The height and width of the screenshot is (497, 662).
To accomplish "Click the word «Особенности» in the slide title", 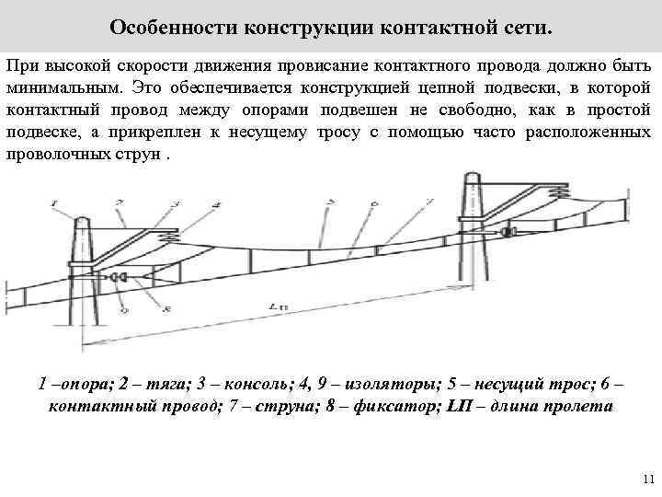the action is pos(172,26).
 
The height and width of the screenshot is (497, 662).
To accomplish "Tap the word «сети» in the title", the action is pos(528,26).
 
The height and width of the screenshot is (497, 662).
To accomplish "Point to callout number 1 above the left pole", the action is pos(54,202).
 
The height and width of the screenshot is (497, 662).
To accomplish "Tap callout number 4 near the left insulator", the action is pos(216,202).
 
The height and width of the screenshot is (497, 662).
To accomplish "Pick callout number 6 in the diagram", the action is pos(373,203).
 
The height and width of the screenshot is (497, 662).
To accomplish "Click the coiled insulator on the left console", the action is pos(172,238).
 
